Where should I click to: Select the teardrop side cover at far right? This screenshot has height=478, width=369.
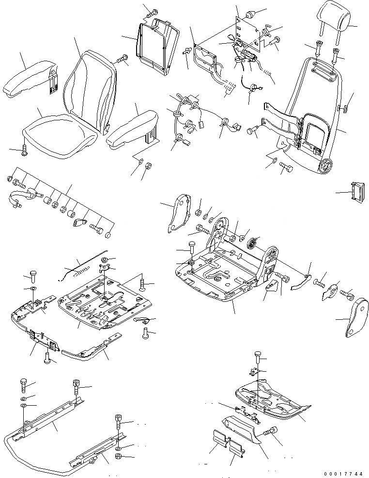(356, 317)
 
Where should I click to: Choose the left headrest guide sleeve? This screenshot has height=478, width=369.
(318, 49)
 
